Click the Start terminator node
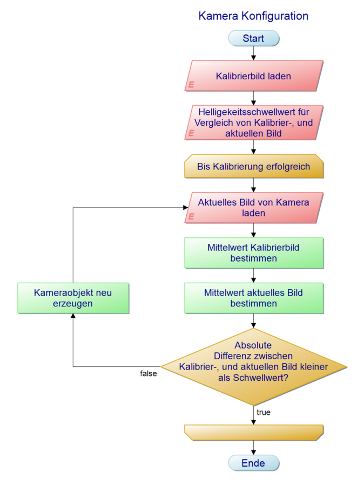(x=253, y=38)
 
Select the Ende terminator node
(x=253, y=463)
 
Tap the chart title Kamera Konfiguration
(x=253, y=16)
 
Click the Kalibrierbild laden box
(x=253, y=76)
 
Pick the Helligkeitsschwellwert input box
(x=253, y=122)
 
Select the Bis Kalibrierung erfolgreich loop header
(x=253, y=166)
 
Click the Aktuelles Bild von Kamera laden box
(x=253, y=208)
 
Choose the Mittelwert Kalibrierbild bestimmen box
(x=253, y=253)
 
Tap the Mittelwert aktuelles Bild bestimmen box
(x=253, y=298)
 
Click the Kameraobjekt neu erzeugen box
(x=73, y=298)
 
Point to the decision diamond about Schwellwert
(x=253, y=366)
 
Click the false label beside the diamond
(x=149, y=373)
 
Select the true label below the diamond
(x=264, y=413)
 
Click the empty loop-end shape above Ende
(x=253, y=432)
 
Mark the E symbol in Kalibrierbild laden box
(x=191, y=85)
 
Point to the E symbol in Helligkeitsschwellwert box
(x=191, y=132)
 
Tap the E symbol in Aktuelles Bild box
(x=191, y=216)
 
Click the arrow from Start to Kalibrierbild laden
(x=253, y=53)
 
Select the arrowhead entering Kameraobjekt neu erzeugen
(x=73, y=316)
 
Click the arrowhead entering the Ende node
(x=253, y=452)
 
